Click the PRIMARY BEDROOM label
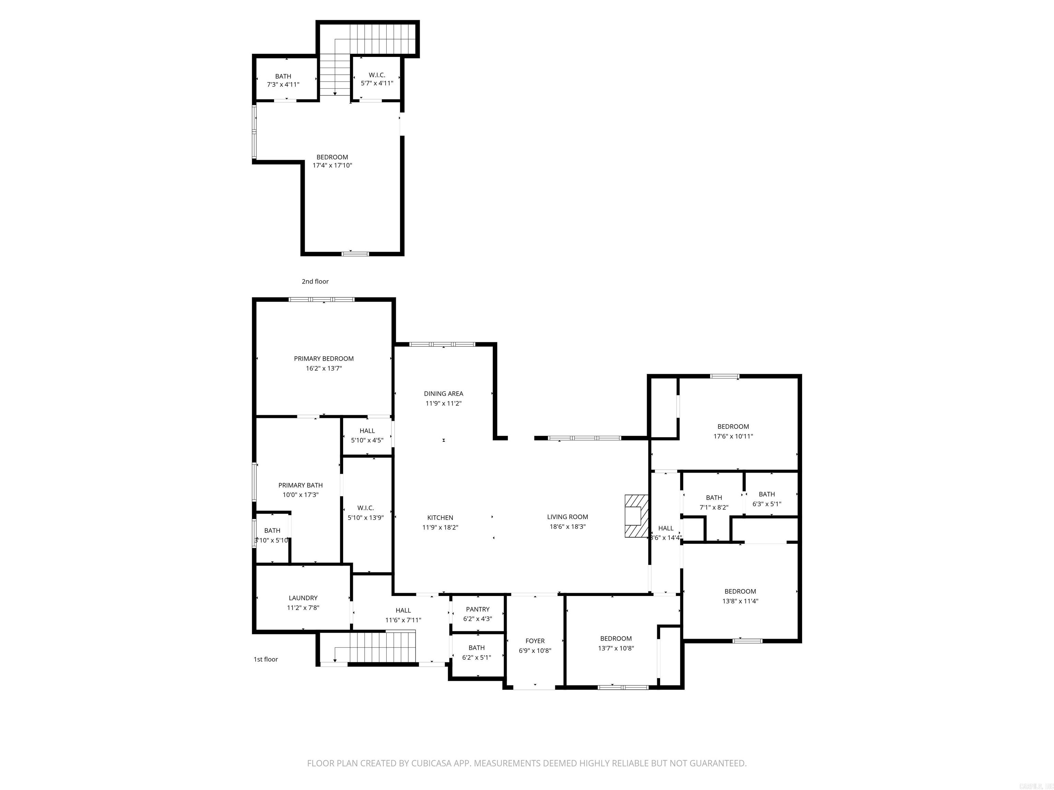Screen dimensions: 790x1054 click(324, 359)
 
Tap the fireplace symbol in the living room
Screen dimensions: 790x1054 click(636, 516)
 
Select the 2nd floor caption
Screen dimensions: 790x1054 click(315, 282)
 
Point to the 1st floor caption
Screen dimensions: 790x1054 click(266, 659)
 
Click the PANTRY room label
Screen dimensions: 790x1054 click(478, 609)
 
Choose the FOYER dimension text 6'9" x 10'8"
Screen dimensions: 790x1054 click(535, 650)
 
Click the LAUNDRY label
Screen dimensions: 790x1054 click(303, 598)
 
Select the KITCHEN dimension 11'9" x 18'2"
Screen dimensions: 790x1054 click(440, 527)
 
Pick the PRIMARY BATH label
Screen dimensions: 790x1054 click(300, 485)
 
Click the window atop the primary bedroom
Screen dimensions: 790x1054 click(321, 300)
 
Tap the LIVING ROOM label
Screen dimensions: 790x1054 click(567, 517)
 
